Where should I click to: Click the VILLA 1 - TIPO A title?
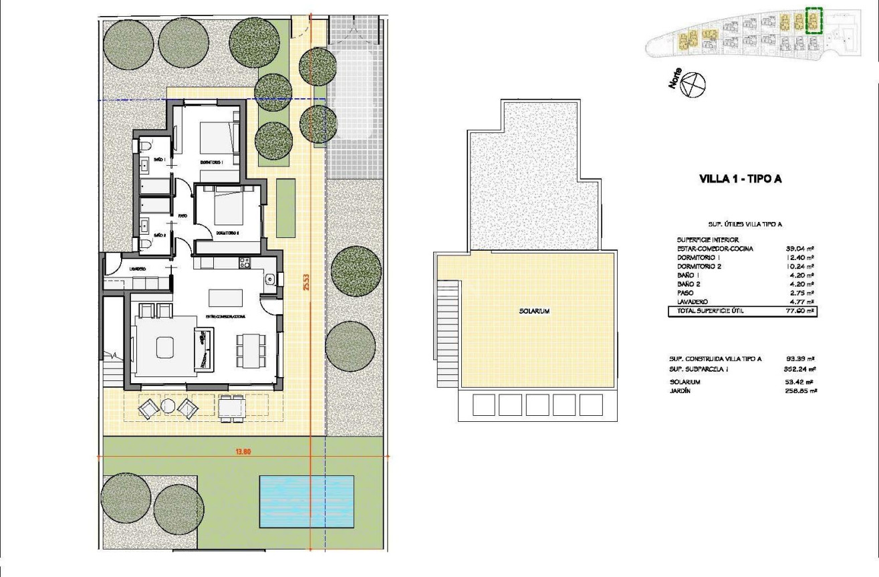tap(740, 179)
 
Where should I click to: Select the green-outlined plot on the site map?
tap(813, 20)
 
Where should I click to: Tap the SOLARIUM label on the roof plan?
tap(533, 312)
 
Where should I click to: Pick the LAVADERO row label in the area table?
tap(693, 302)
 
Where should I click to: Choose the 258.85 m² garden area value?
tap(801, 391)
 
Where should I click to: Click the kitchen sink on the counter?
tap(269, 279)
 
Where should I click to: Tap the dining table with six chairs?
tap(251, 348)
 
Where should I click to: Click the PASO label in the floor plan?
tap(182, 216)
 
